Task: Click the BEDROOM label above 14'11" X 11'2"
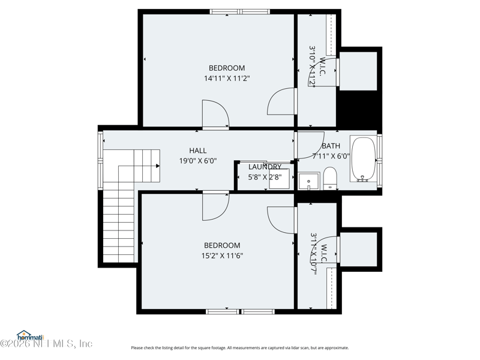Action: pos(226,68)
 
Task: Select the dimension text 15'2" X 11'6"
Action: pos(222,256)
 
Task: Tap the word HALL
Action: pos(197,151)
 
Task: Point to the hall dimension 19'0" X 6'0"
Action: pos(197,161)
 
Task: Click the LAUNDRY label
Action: pos(265,167)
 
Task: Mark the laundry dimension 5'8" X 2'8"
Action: pos(265,177)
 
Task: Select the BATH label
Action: pos(331,146)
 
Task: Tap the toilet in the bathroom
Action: pos(330,178)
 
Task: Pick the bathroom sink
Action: pos(309,181)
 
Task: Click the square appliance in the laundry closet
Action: pos(280,179)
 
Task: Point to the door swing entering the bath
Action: pos(310,145)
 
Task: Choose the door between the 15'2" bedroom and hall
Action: pos(215,206)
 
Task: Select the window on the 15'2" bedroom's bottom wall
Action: pos(240,311)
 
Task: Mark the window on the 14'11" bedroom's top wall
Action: pos(239,11)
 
